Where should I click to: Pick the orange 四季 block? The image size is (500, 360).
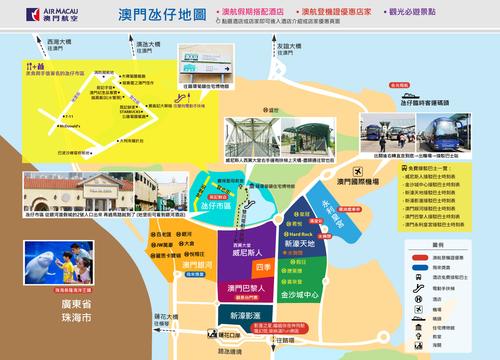coord(263,267)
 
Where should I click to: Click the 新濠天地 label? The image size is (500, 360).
coord(301,243)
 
